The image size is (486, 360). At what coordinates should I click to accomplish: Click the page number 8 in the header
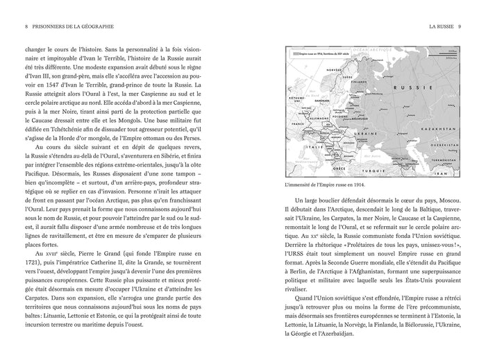point(26,28)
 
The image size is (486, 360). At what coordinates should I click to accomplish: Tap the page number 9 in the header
point(460,28)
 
